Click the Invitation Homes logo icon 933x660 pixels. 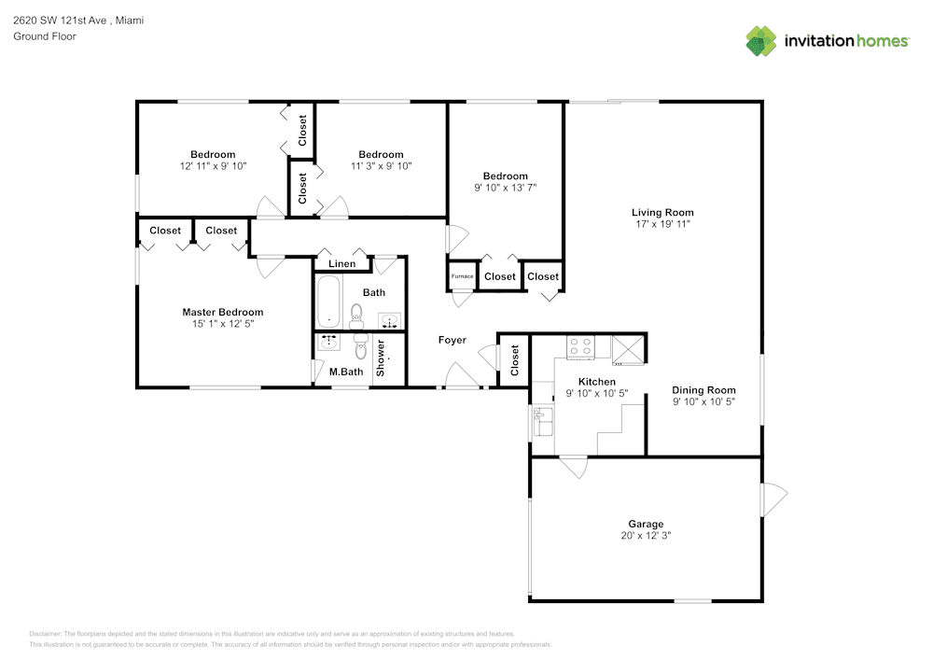pyautogui.click(x=760, y=41)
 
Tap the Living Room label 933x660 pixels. pyautogui.click(x=662, y=213)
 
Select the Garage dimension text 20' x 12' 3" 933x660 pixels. pyautogui.click(x=646, y=536)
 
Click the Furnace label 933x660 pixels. pyautogui.click(x=462, y=276)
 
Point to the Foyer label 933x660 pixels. pyautogui.click(x=453, y=341)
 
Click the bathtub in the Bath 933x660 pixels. pyautogui.click(x=329, y=302)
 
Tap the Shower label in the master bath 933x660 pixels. pyautogui.click(x=381, y=358)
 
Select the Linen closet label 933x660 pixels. pyautogui.click(x=341, y=264)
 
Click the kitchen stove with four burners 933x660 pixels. pyautogui.click(x=581, y=347)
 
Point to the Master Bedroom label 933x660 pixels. pyautogui.click(x=222, y=313)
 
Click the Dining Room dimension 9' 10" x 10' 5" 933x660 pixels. pyautogui.click(x=703, y=401)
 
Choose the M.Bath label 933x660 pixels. pyautogui.click(x=346, y=372)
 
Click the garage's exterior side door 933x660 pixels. pyautogui.click(x=773, y=499)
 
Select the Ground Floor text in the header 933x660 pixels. pyautogui.click(x=45, y=36)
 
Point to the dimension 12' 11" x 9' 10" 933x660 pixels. pyautogui.click(x=213, y=166)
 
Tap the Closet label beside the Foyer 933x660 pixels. pyautogui.click(x=515, y=360)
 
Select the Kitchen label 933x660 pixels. pyautogui.click(x=597, y=382)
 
